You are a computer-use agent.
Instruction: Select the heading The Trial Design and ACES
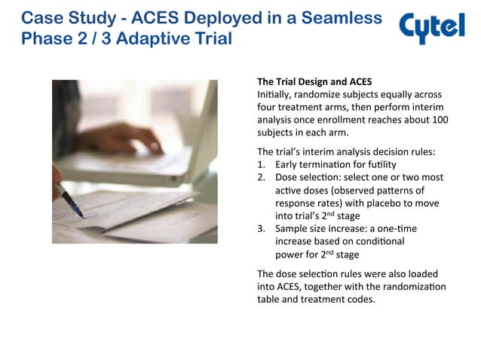[x=314, y=81]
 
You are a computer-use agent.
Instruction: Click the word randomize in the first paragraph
[x=308, y=94]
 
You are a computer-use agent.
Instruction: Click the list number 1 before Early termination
[x=261, y=164]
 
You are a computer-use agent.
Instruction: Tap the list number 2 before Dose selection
[x=261, y=177]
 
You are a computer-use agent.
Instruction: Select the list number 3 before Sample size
[x=261, y=228]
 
